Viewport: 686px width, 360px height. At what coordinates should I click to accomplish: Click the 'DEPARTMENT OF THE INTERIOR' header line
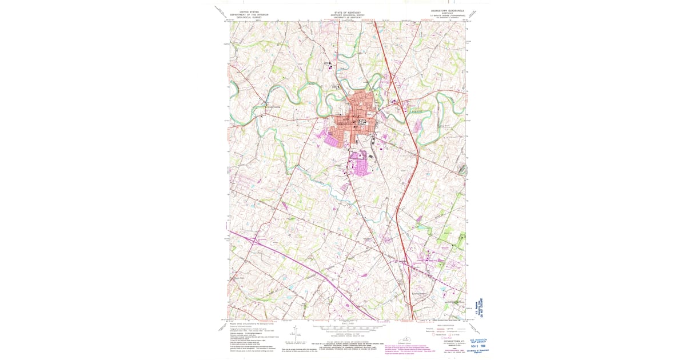(x=245, y=14)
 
